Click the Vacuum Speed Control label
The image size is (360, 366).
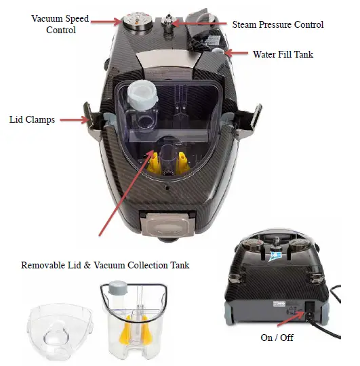point(60,24)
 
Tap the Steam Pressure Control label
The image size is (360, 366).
point(277,24)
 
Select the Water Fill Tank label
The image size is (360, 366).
point(283,54)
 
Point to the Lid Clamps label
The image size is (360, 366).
point(32,119)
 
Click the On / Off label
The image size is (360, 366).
point(277,338)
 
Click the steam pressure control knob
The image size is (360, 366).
point(167,22)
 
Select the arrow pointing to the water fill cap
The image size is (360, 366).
point(236,53)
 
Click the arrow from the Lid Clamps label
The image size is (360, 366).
point(75,120)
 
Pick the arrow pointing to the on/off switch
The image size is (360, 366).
point(292,319)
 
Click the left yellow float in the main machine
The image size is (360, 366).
point(154,163)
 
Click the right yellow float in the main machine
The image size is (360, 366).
point(183,163)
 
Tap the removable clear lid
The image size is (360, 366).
point(60,331)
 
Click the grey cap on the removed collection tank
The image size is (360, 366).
point(118,287)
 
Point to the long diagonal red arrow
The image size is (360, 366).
point(126,192)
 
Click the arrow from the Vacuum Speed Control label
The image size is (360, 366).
point(106,22)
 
